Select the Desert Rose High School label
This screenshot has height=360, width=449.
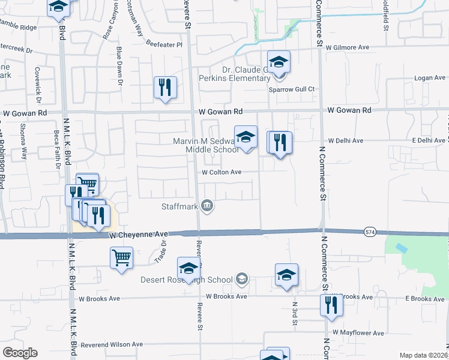point(187,280)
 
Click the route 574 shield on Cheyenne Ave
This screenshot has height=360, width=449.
point(370,232)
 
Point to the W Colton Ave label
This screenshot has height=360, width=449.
point(221,172)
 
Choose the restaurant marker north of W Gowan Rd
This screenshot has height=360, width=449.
point(164,88)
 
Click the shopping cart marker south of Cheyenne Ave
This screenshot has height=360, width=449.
point(121,259)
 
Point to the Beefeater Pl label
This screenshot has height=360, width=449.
point(164,44)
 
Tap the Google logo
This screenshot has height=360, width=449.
point(20,353)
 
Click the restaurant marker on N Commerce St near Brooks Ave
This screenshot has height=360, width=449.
point(331,305)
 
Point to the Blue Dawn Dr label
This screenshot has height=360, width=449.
point(119,64)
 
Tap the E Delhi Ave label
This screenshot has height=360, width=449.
point(428,140)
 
